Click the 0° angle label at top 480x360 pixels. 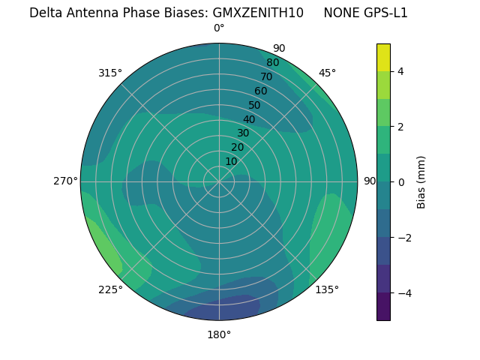click(219, 28)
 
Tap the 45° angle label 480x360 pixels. click(327, 73)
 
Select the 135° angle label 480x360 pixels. click(327, 289)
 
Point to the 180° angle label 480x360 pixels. click(219, 334)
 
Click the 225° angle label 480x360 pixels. click(110, 290)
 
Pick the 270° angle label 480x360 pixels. click(66, 181)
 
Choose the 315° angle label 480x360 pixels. click(110, 73)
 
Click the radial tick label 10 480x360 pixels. click(232, 161)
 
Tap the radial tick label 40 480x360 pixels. click(249, 119)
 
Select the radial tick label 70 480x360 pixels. click(266, 76)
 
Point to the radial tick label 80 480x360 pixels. click(272, 62)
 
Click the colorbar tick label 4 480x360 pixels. click(401, 71)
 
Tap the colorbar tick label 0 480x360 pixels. click(401, 181)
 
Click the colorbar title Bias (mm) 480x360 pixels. click(421, 181)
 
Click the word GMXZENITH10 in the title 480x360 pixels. click(258, 13)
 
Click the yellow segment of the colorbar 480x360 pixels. click(383, 57)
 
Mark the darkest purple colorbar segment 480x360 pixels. click(383, 306)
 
